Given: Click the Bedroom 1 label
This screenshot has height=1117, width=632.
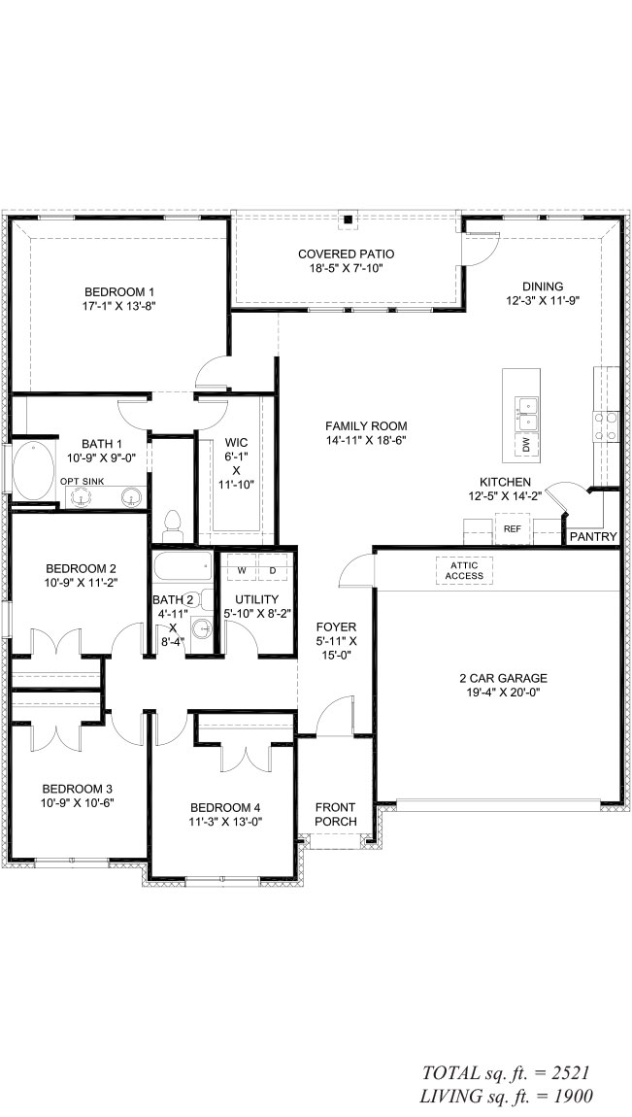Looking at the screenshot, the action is tap(119, 291).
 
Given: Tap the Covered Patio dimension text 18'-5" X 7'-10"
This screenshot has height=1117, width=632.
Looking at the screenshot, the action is tap(346, 268).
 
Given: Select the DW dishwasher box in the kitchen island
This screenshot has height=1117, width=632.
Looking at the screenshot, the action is tap(526, 445).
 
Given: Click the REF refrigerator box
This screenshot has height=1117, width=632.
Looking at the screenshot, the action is tap(513, 529).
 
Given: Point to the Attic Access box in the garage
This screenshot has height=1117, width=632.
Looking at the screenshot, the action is tap(465, 570).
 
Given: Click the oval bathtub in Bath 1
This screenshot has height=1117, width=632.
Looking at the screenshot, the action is tap(33, 471).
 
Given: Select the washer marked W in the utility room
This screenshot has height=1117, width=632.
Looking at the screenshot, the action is tap(242, 570).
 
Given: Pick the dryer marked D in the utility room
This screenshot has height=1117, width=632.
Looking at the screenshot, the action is tap(272, 570).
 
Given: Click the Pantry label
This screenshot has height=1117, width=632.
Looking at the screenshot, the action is tap(593, 536).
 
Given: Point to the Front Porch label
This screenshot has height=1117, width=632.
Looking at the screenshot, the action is tap(335, 814).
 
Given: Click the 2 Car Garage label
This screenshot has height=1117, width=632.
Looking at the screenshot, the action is tap(503, 678).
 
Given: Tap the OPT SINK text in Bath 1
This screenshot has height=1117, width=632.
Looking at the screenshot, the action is tap(82, 482).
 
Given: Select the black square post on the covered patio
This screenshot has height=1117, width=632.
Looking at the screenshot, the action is tap(348, 220).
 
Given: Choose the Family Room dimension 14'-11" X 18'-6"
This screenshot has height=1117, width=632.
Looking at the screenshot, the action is tap(367, 440).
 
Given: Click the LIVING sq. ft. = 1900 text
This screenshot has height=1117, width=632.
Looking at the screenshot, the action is tap(508, 1096).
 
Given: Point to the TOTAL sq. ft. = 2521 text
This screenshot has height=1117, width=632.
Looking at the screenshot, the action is tap(506, 1073).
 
